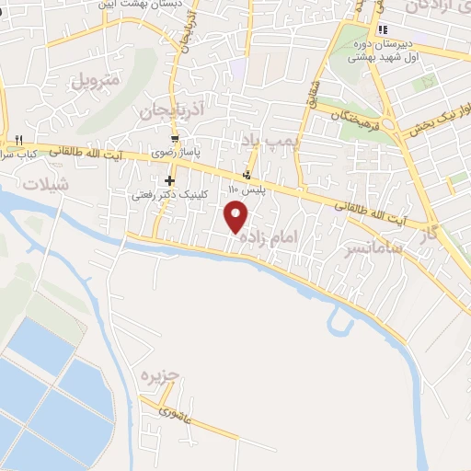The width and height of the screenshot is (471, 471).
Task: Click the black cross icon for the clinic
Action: click(x=169, y=180)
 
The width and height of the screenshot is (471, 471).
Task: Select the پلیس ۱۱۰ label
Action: click(x=246, y=189)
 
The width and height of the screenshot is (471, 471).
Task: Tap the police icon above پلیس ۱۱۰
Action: click(x=246, y=176)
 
